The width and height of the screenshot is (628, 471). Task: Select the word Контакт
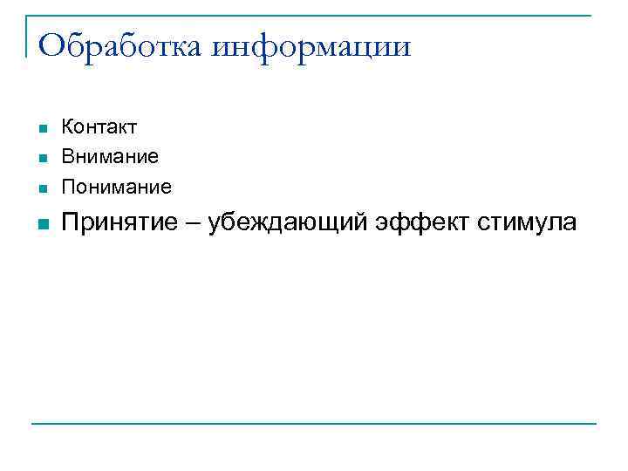[x=99, y=127]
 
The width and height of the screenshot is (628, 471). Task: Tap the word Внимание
[x=109, y=157]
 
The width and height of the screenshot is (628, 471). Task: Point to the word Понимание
[x=116, y=187]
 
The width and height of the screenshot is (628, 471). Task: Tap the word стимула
[x=526, y=223]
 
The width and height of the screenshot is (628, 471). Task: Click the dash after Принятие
[x=191, y=224]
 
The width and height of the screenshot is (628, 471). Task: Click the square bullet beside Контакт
[x=41, y=129]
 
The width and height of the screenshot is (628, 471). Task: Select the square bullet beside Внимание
[x=41, y=159]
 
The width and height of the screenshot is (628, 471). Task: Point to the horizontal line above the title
[x=314, y=16]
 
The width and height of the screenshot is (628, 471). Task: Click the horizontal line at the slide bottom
[x=314, y=424]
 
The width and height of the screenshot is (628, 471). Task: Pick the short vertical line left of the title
[x=27, y=36]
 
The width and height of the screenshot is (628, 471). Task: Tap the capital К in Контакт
[x=67, y=127]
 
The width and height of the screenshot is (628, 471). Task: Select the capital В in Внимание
[x=67, y=157]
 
